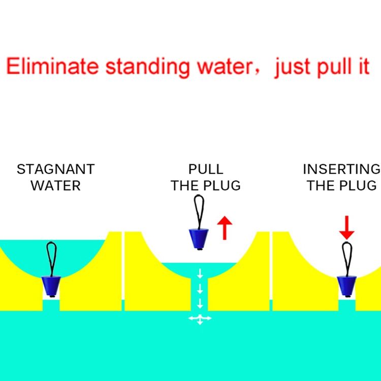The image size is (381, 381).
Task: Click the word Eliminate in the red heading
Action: point(52,66)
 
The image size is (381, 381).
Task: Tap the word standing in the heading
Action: point(148,68)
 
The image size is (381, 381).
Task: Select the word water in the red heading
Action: point(225,68)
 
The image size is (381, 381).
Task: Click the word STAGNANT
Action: point(56,169)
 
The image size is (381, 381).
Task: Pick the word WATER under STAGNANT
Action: point(56,186)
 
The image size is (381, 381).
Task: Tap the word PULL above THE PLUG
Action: point(206,169)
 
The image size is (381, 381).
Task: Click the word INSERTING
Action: point(341,169)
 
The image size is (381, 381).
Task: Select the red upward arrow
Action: point(225,228)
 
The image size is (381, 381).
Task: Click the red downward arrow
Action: point(347,228)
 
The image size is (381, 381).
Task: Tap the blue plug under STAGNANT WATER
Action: point(51,287)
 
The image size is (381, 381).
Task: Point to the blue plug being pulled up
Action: point(199,239)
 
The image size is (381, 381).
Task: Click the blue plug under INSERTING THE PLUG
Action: point(347,287)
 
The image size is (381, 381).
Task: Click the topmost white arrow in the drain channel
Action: point(200,274)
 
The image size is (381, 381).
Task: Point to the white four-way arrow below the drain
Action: point(200,319)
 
